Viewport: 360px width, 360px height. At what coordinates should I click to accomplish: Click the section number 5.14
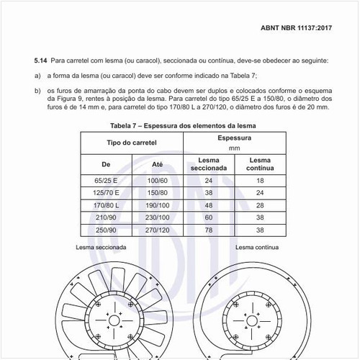[x=41, y=61]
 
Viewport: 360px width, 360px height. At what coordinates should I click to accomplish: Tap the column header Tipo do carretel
[x=132, y=142]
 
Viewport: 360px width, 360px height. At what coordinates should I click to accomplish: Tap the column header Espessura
[x=234, y=136]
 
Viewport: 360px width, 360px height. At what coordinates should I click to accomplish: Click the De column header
[x=106, y=164]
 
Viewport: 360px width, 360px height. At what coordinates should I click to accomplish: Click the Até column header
[x=158, y=164]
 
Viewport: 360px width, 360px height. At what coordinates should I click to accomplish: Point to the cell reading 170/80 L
[x=106, y=205]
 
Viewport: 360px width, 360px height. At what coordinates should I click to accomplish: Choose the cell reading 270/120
[x=158, y=230]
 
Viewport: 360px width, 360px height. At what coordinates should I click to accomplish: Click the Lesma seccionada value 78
[x=209, y=230]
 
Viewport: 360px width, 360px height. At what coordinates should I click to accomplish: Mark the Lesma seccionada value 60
[x=209, y=217]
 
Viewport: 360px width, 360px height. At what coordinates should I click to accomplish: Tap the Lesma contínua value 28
[x=259, y=205]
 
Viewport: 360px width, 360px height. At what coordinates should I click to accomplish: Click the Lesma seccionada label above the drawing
[x=101, y=246]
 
